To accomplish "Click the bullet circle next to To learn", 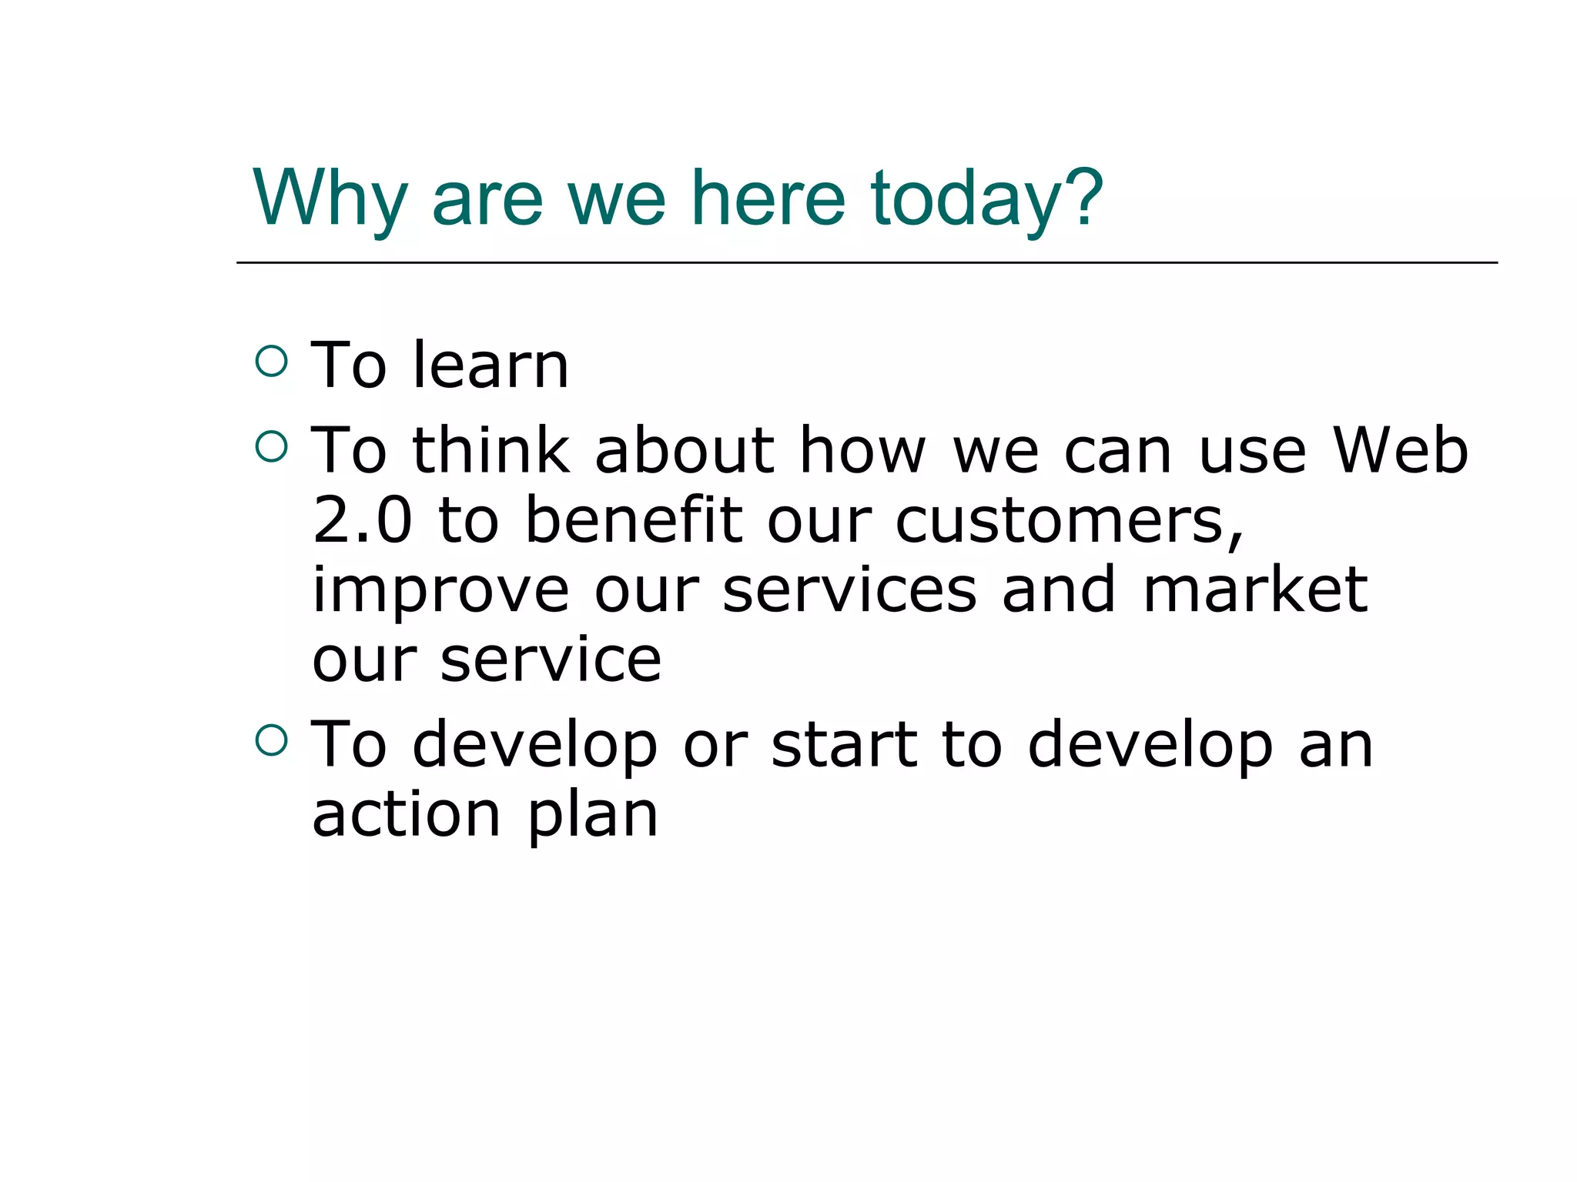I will click(x=271, y=360).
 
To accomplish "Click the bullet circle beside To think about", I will click(x=271, y=446).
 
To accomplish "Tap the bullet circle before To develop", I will click(x=271, y=740).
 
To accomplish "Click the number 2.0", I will click(x=362, y=520).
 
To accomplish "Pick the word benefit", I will click(x=633, y=520).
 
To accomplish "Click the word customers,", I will click(x=1070, y=522).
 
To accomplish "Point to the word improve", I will click(x=440, y=591).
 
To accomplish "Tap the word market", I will click(x=1255, y=589).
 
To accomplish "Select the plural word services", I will click(x=850, y=589).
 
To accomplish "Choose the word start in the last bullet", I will click(x=845, y=745).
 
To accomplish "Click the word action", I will click(x=406, y=814).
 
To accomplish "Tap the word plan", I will click(x=592, y=816).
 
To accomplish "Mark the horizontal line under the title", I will click(x=866, y=262).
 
